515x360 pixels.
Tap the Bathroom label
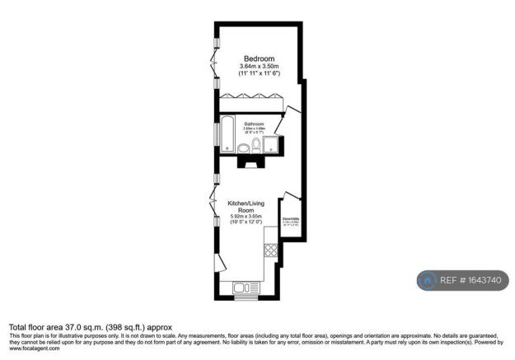pyautogui.click(x=254, y=124)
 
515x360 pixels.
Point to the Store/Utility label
pyautogui.click(x=292, y=219)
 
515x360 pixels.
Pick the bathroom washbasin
pyautogui.click(x=244, y=147)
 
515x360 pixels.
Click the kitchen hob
pyautogui.click(x=270, y=249)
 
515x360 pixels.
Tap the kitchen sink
pyautogui.click(x=245, y=288)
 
